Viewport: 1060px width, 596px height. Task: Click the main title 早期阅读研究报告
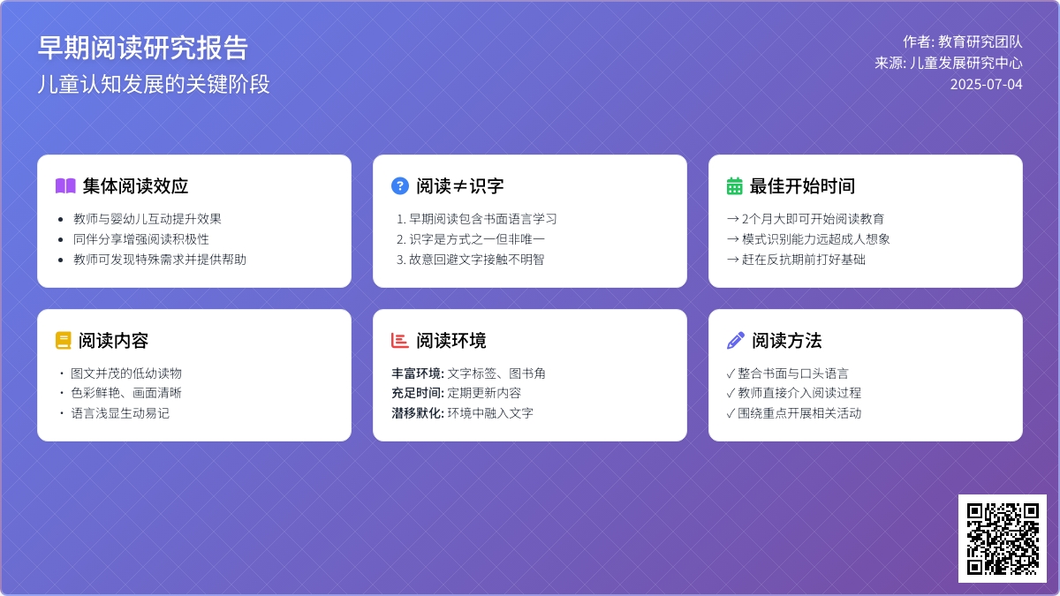pos(143,48)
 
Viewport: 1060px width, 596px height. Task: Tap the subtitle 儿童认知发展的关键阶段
pos(154,84)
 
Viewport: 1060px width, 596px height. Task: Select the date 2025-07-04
pos(986,84)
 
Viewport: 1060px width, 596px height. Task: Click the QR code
pos(1003,539)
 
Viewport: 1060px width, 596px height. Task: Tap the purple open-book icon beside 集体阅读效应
pos(65,186)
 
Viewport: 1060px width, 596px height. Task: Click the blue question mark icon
pos(400,186)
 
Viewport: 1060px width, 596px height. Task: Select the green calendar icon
pos(734,186)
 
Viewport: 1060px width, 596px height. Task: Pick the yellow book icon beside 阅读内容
pos(64,341)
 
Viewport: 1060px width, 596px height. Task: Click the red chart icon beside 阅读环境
pos(400,341)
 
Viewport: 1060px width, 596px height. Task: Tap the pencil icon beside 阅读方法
pos(735,341)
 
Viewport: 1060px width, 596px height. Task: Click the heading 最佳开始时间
pos(802,186)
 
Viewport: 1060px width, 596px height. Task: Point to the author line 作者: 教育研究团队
pos(963,41)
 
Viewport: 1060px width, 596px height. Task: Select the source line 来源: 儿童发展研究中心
pos(949,63)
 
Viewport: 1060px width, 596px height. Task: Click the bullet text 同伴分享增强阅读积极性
pos(141,239)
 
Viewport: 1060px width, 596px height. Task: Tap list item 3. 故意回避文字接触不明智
pos(470,260)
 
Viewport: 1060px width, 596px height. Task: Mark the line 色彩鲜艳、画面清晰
pos(125,393)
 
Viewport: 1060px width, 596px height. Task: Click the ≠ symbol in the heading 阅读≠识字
pos(459,186)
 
